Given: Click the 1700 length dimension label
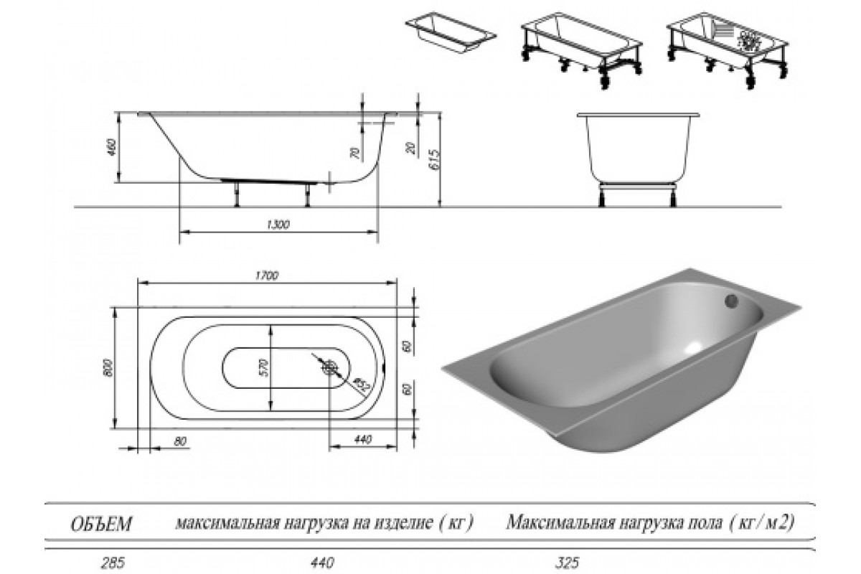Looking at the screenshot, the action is [x=267, y=276].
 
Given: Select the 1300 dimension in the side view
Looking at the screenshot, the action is [x=278, y=225].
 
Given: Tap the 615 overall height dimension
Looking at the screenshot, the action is [x=436, y=159].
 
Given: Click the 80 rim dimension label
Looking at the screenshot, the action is [x=180, y=441].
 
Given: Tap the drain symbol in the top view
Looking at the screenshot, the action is [x=330, y=367].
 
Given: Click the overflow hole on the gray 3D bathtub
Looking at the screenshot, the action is [x=731, y=301].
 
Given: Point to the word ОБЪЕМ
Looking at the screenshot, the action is [x=101, y=524].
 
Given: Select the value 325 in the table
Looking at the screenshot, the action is [x=567, y=563].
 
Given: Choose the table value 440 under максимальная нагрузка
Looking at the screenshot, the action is [x=322, y=563].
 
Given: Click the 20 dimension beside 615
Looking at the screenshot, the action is [x=411, y=148].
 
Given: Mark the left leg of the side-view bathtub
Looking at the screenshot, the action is [x=236, y=194].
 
